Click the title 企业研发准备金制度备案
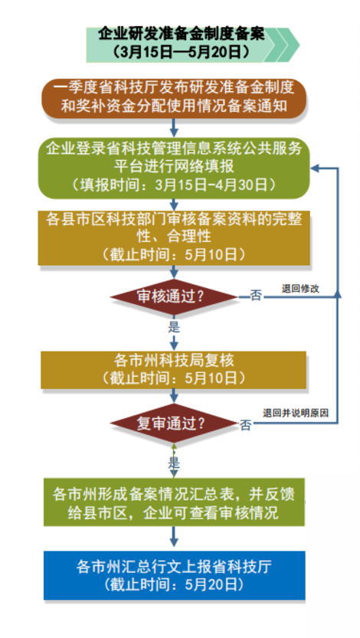pos(182,34)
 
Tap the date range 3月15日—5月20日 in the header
pos(182,51)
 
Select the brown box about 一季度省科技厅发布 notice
pos(174,98)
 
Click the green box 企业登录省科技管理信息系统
pos(174,168)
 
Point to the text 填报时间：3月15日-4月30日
pos(174,185)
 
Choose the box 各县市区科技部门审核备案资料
pos(174,238)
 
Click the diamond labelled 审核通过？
pos(174,297)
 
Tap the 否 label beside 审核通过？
pos(256,296)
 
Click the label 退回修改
pos(300,289)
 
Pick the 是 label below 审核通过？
pos(174,326)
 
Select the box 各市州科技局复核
pos(174,370)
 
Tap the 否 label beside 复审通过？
pos(246,426)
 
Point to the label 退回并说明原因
pos(296,414)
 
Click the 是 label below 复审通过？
pos(174,463)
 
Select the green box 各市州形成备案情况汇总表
pos(174,502)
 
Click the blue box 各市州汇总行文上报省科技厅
pos(174,575)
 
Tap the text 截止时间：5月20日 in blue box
pos(174,584)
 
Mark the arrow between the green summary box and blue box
pos(174,537)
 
